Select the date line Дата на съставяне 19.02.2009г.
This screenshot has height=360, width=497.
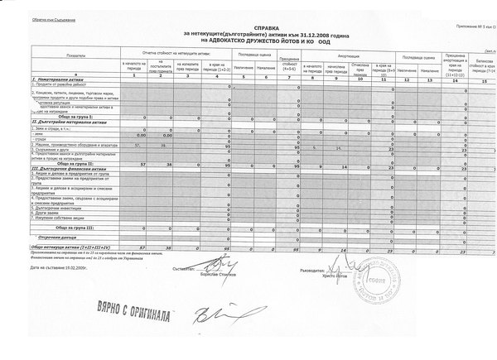tap(60, 268)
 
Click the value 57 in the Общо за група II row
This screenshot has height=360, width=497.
tap(142, 164)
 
